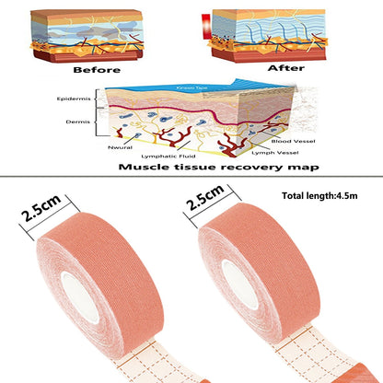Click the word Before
pos(97,70)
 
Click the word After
pos(286,68)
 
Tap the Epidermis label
pos(74,99)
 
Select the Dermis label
pos(78,122)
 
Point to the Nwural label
pos(120,147)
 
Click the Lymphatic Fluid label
pos(168,157)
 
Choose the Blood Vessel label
pos(293,141)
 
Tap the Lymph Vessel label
pos(275,153)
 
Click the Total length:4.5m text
pos(319,196)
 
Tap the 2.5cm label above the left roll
pos(41,208)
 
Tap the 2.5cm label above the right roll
pos(204,197)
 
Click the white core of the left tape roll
pos(80,297)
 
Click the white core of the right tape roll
pos(240,284)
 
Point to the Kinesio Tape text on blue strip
pos(191,88)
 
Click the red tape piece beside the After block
pos(205,27)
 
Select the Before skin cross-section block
pos(87,36)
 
